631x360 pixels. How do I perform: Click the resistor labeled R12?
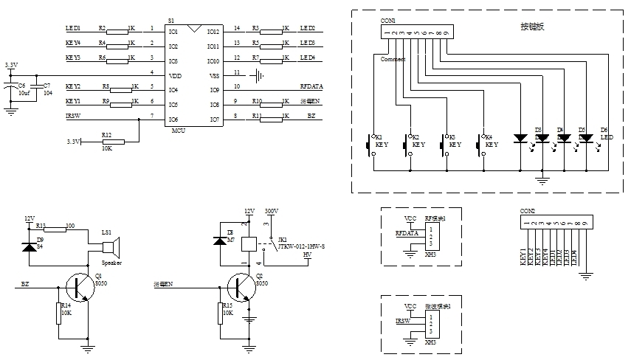pyautogui.click(x=114, y=142)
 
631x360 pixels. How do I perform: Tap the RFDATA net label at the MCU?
pyautogui.click(x=311, y=86)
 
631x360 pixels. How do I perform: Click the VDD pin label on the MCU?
pyautogui.click(x=174, y=76)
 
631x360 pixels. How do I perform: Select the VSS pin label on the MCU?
pyautogui.click(x=214, y=76)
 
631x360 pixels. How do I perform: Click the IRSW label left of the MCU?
pyautogui.click(x=73, y=116)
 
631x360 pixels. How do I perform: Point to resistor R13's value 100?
pyautogui.click(x=70, y=226)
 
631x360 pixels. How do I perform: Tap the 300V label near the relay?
pyautogui.click(x=271, y=211)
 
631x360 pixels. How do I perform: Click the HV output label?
pyautogui.click(x=307, y=255)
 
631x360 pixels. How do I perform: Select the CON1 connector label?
pyautogui.click(x=387, y=21)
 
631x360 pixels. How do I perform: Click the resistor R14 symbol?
pyautogui.click(x=58, y=314)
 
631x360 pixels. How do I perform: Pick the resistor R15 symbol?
pyautogui.click(x=220, y=314)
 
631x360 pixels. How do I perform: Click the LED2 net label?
pyautogui.click(x=307, y=28)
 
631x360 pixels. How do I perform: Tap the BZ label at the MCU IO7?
pyautogui.click(x=311, y=116)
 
